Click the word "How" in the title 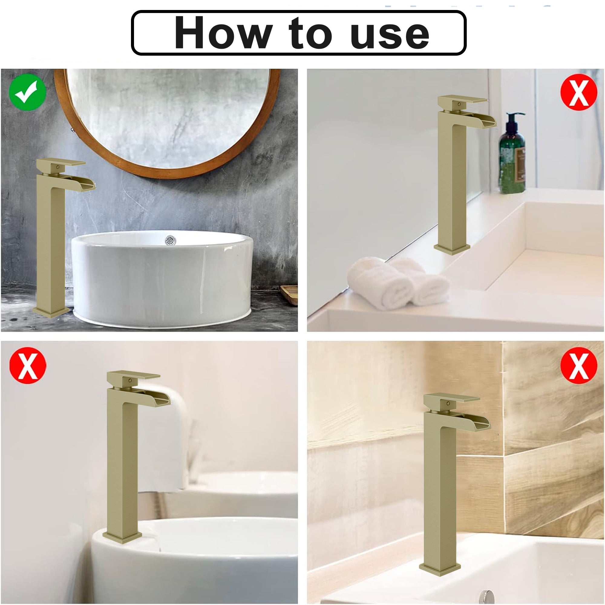(223, 33)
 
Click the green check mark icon (28, 92)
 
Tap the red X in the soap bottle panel (579, 92)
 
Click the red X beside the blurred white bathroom (28, 365)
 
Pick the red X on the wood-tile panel (579, 365)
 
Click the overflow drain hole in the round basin (170, 240)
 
